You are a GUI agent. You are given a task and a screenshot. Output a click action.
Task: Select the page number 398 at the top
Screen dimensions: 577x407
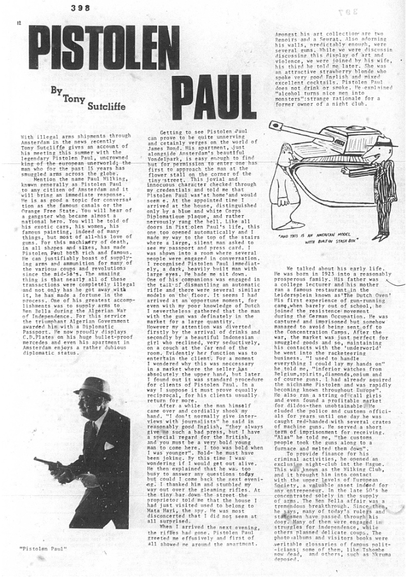click(82, 7)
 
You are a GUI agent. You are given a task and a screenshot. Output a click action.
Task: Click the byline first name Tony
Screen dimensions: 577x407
click(74, 99)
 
